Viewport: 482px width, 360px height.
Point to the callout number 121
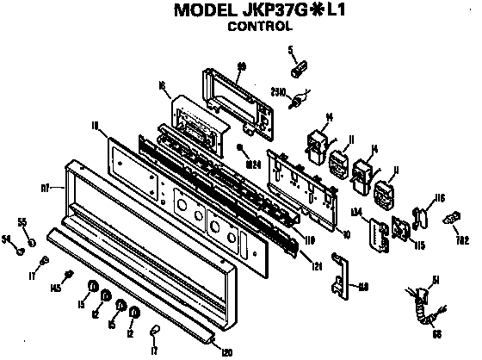pyautogui.click(x=318, y=268)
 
